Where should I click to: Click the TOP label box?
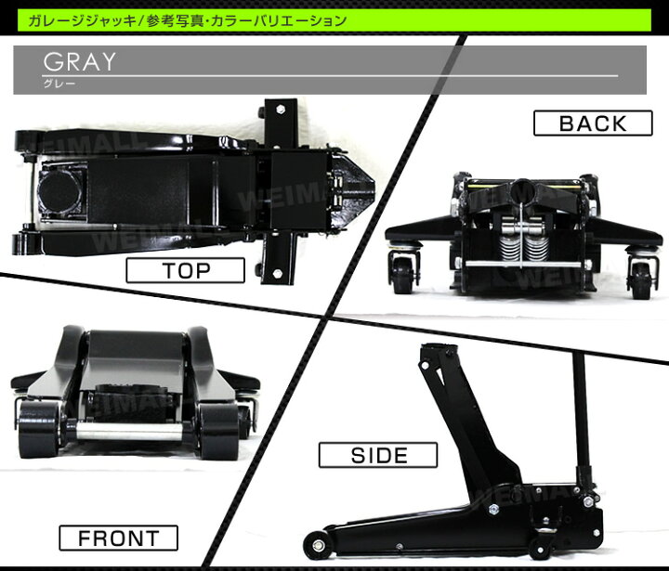click(185, 270)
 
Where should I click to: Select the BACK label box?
click(593, 123)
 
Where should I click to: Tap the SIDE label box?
click(378, 455)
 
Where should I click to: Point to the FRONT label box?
click(118, 538)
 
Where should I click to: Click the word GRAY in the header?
click(79, 62)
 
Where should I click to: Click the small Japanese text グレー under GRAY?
click(59, 84)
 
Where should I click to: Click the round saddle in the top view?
click(59, 192)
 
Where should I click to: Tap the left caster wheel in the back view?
click(403, 275)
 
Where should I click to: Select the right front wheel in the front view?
click(219, 431)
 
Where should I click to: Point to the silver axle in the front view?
click(130, 431)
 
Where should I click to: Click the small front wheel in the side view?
click(317, 545)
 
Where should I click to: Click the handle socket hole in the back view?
click(522, 189)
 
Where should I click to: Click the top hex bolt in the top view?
click(280, 110)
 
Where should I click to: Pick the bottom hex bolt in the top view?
click(277, 273)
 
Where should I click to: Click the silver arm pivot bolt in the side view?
click(493, 508)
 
